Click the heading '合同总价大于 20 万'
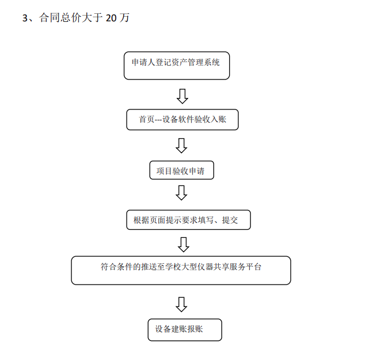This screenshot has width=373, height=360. pos(84,18)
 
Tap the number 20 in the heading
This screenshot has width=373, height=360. pos(111,18)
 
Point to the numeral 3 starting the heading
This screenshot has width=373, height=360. pos(25,18)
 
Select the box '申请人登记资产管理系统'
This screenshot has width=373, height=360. pos(177,66)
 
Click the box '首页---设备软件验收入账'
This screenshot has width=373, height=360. pos(182,120)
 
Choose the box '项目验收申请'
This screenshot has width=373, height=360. pos(182,170)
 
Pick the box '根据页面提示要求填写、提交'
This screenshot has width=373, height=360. pos(188,220)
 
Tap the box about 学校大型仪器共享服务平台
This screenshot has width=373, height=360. pos(181,270)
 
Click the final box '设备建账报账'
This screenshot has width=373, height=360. pos(185,330)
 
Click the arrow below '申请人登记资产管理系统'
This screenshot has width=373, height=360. pos(182,96)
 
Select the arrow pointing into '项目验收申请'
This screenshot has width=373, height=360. pos(181,146)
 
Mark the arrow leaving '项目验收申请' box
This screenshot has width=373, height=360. pos(181,192)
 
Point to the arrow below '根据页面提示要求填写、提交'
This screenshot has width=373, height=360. pos(184,245)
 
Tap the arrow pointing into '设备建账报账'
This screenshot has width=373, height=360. pos(181,304)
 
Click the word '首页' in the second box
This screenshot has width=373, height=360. pos(147,119)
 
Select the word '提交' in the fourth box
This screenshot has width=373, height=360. pos(230,220)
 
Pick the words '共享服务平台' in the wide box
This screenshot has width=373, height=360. pos(237,267)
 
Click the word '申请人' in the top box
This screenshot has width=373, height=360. pos(143,62)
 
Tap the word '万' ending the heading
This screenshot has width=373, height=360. pos(124,18)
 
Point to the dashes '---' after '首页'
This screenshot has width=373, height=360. pos(158,120)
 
